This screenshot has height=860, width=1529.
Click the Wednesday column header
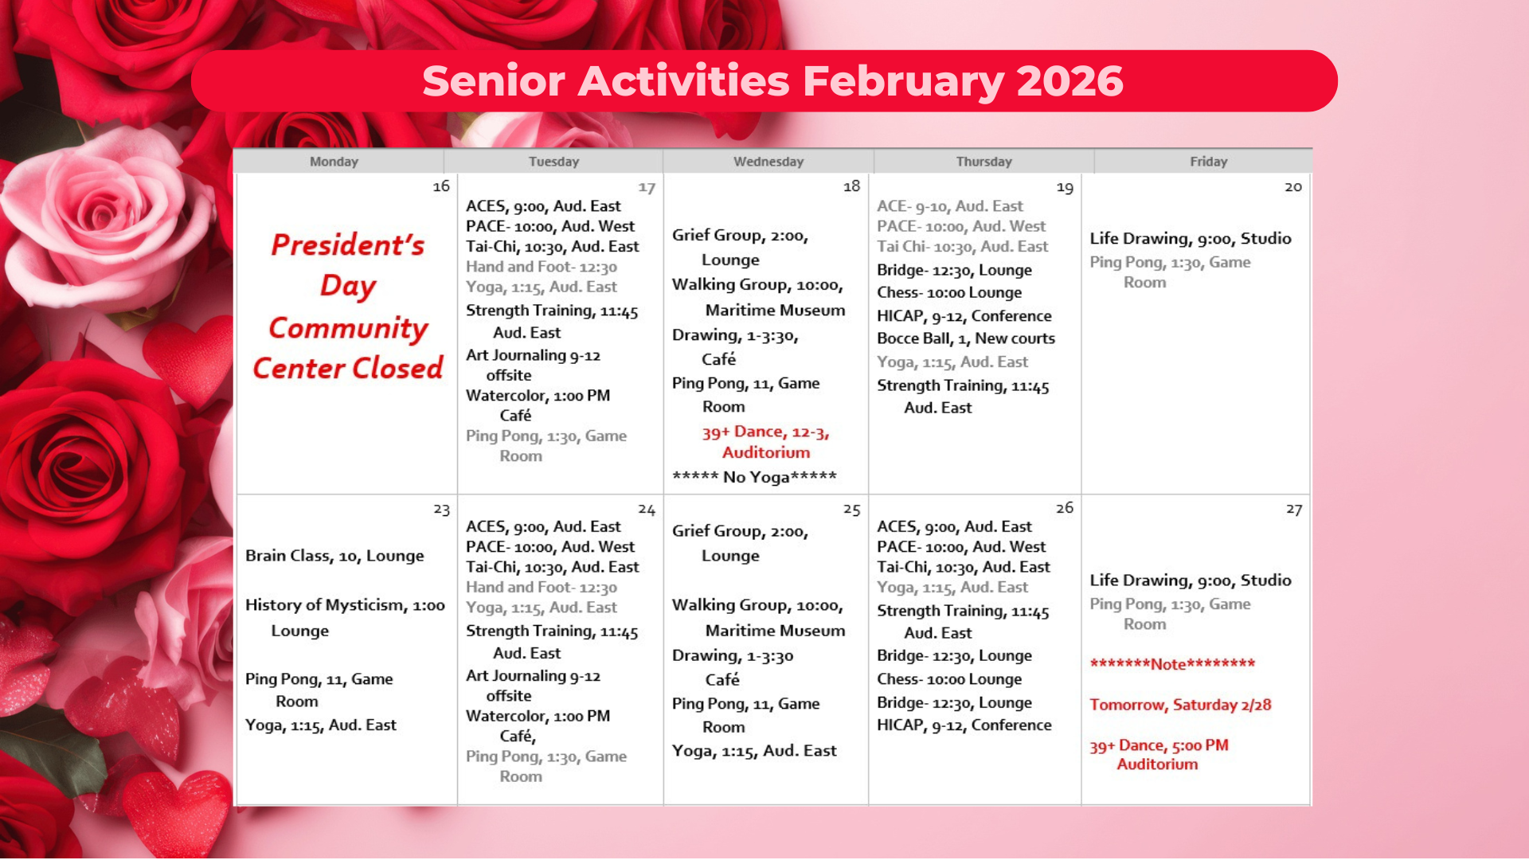[768, 162]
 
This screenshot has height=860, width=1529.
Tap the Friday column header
[1208, 162]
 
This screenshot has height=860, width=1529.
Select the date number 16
[441, 186]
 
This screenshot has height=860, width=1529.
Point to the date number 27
[1293, 510]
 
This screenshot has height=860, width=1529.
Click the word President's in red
[348, 245]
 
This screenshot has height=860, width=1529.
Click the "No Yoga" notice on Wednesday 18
[754, 477]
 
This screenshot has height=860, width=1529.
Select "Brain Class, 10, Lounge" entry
[334, 556]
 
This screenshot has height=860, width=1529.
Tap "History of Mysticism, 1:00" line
[345, 605]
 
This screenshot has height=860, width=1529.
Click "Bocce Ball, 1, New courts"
[965, 338]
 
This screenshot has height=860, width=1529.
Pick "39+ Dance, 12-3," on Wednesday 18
[765, 432]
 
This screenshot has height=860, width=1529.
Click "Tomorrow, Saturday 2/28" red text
[1180, 705]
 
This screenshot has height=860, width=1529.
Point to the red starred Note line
[1172, 664]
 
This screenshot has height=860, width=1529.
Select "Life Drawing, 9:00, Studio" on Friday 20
[1191, 238]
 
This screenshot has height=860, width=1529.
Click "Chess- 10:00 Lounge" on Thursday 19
[949, 292]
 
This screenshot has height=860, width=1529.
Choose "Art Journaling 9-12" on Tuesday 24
[533, 676]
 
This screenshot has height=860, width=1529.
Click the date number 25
[851, 510]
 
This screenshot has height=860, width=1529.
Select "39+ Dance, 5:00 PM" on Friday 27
[1159, 745]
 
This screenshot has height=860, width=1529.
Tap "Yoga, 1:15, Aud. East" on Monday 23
[321, 725]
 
